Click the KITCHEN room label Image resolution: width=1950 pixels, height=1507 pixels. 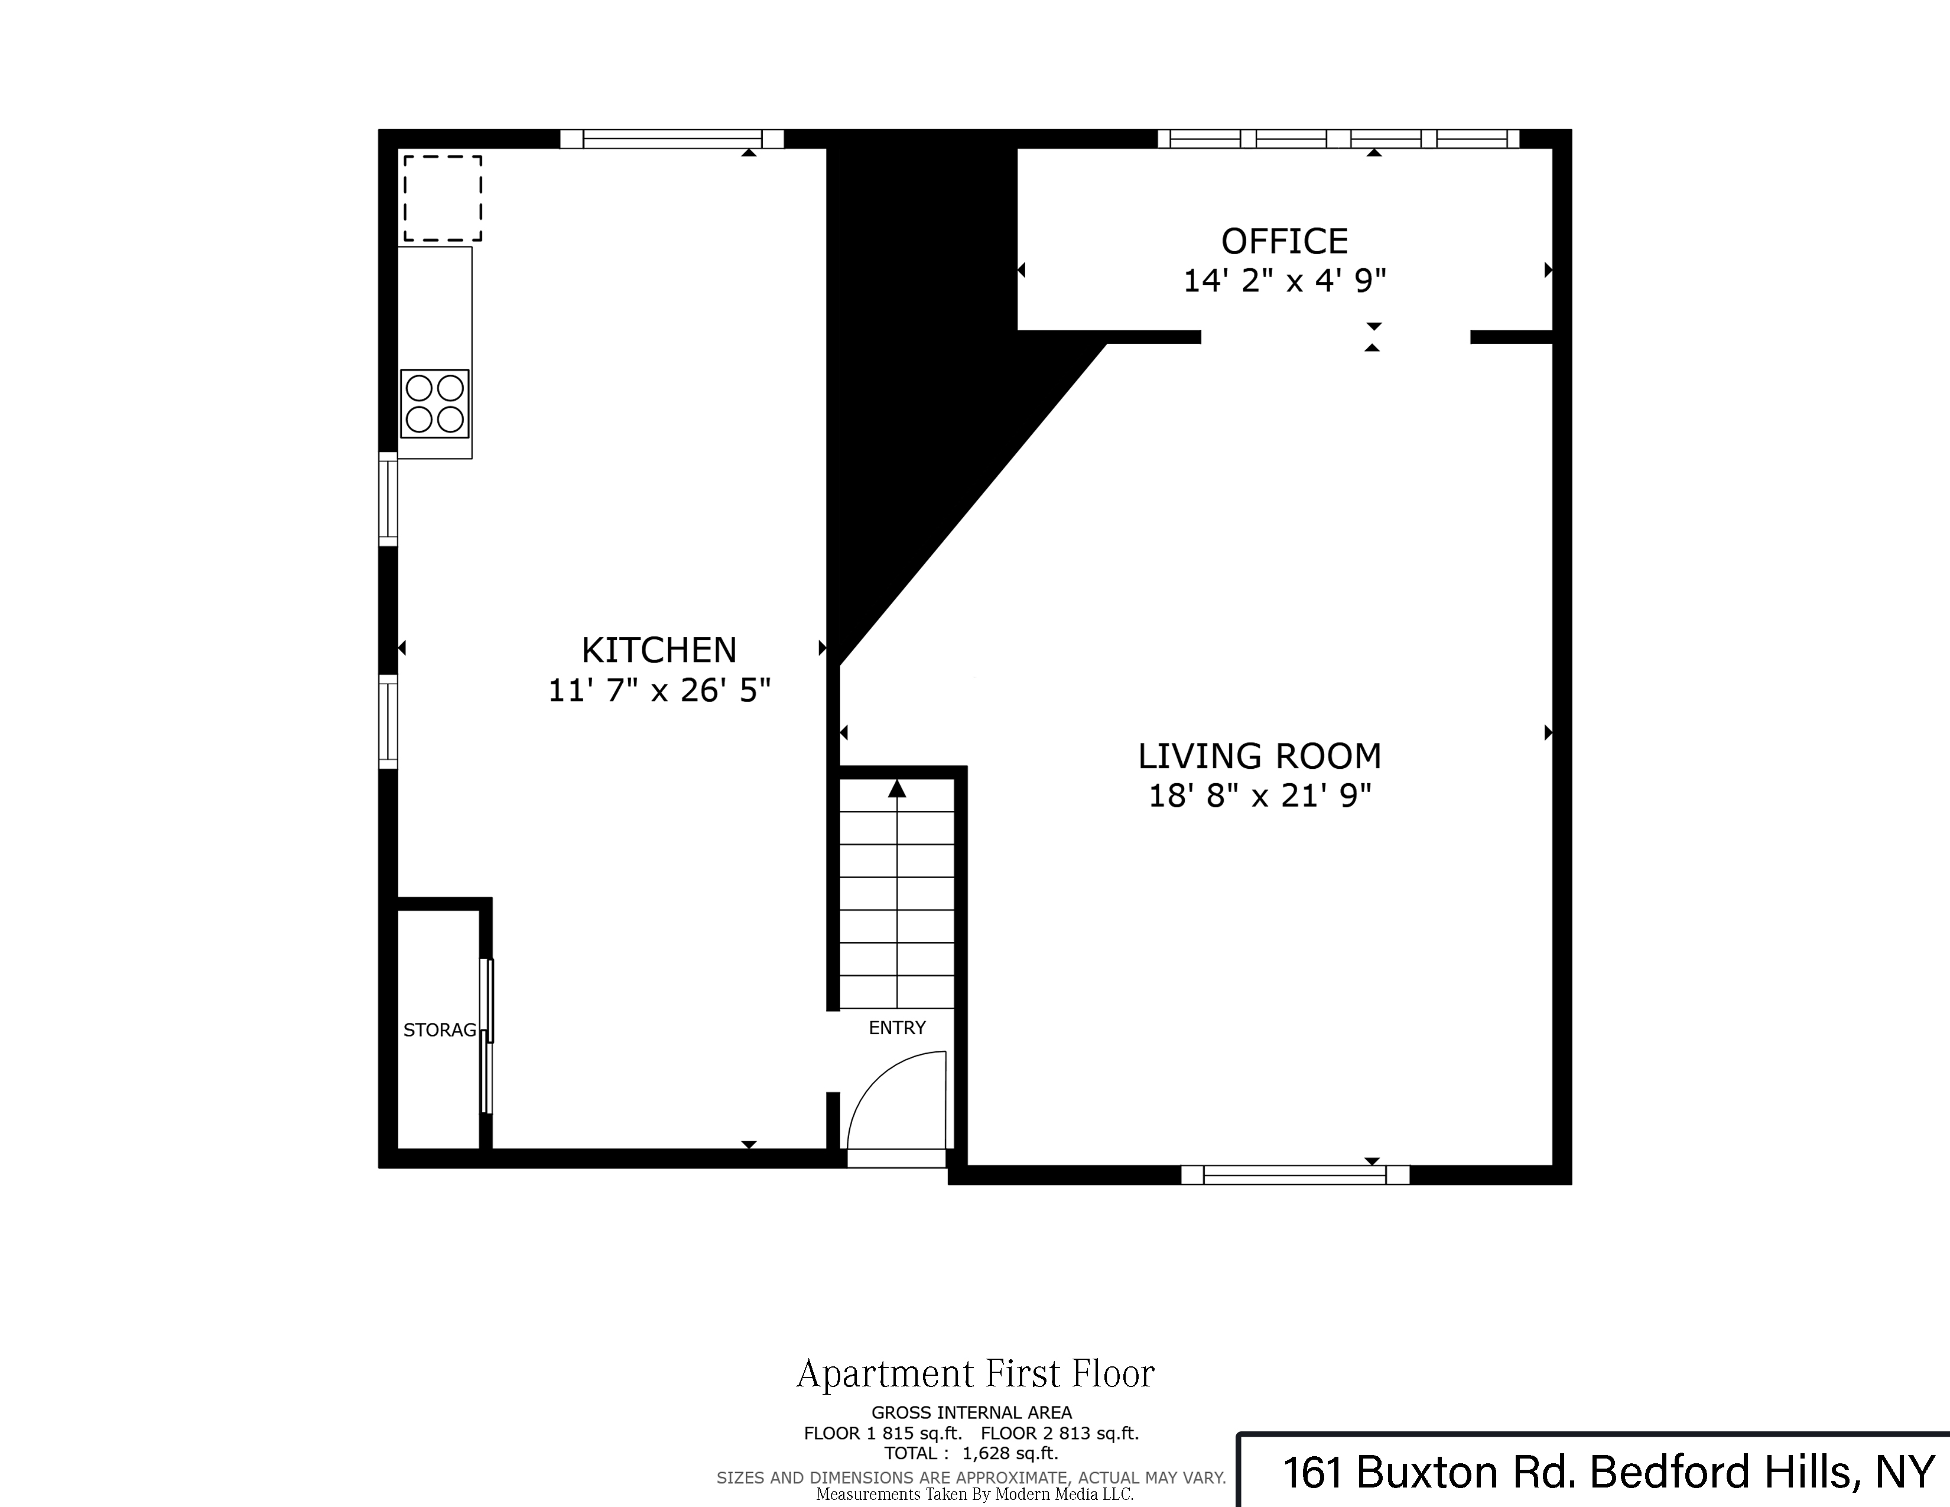(659, 650)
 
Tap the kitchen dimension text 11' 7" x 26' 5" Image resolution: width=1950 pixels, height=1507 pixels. (659, 690)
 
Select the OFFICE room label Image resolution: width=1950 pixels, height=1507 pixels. (1284, 241)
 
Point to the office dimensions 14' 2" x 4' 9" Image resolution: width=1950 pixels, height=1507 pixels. (1284, 281)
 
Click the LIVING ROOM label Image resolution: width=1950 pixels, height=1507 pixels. (1259, 756)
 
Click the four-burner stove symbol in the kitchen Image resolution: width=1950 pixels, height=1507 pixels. (435, 404)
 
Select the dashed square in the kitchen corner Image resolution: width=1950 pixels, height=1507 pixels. (443, 198)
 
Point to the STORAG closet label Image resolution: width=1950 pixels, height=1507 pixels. (439, 1030)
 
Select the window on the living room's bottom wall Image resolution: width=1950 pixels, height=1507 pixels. (1295, 1175)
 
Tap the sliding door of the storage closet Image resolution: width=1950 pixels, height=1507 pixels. (486, 1035)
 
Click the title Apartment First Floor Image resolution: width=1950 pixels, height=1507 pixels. (975, 1374)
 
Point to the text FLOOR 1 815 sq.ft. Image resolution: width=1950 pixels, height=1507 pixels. (882, 1434)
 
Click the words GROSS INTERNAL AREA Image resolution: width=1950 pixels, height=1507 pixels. (971, 1413)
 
